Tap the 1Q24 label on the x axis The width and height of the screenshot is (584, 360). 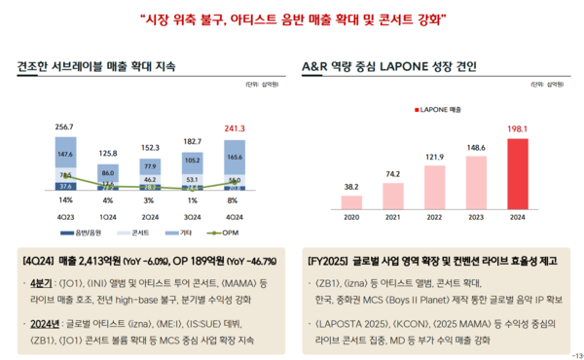coord(108,216)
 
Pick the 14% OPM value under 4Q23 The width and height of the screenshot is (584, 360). coord(65,199)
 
